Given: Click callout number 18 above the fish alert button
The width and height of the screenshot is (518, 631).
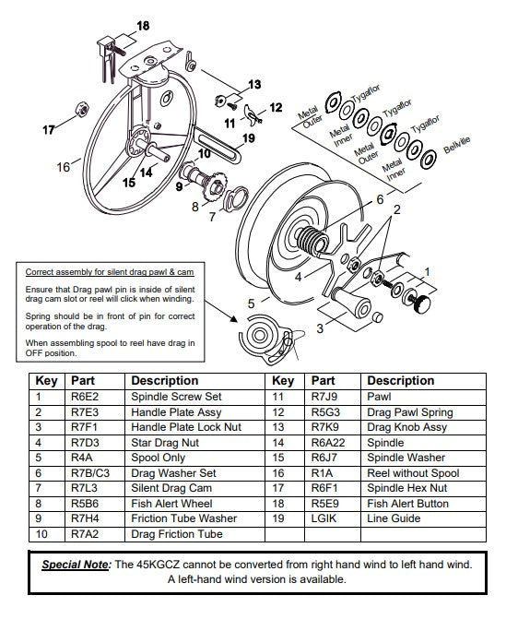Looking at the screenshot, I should coord(143,25).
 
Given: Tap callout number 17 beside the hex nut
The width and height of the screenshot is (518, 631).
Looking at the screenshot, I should coord(49,130).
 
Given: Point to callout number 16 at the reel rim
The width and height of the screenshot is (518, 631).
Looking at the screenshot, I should coord(63,167).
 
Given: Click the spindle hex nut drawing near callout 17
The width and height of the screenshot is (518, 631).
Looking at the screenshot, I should coord(80,110).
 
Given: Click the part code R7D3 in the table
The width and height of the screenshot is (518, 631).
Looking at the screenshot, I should coord(85,442).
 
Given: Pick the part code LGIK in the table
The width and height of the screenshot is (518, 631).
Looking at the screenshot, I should coord(322,519).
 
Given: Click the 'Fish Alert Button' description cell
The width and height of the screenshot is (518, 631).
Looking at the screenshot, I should coord(408,504).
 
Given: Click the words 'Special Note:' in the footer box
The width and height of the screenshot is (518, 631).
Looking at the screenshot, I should coord(77,564).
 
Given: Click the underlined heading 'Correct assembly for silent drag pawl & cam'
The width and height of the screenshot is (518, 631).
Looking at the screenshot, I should coord(109,274).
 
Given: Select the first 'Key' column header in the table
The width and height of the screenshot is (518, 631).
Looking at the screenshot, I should coord(46,380).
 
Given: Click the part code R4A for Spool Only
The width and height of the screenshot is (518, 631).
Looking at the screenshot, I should coord(81,458).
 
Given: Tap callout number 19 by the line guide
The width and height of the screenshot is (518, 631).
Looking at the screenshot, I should coord(249,139).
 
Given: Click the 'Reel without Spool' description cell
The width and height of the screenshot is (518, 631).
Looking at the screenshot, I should coord(413,472).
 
